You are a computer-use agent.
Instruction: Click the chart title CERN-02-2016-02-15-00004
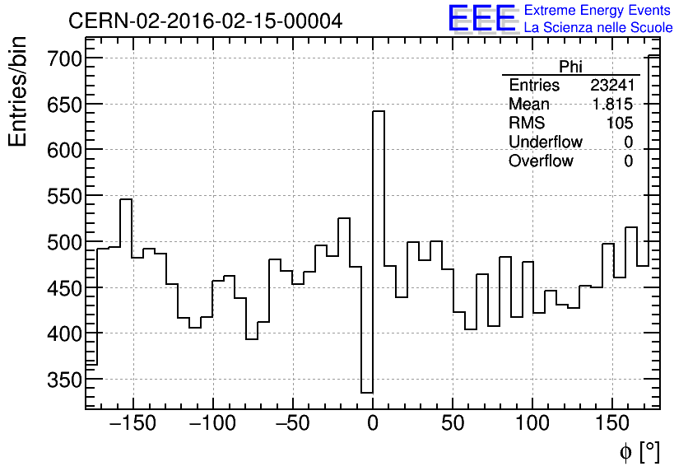click(x=205, y=21)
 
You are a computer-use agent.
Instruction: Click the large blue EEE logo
click(x=481, y=19)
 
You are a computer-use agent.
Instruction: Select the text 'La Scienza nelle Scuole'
click(x=597, y=28)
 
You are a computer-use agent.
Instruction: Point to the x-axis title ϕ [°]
click(x=639, y=451)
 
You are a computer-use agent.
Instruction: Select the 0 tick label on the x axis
click(x=373, y=427)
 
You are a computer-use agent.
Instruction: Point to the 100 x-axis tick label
click(x=532, y=427)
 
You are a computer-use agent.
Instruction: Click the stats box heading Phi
click(x=570, y=67)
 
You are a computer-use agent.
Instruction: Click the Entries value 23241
click(x=611, y=86)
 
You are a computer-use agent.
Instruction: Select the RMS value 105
click(x=621, y=123)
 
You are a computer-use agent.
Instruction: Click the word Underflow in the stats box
click(x=545, y=142)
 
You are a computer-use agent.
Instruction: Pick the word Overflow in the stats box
click(x=541, y=161)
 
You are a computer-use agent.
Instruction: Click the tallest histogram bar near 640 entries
click(x=379, y=247)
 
